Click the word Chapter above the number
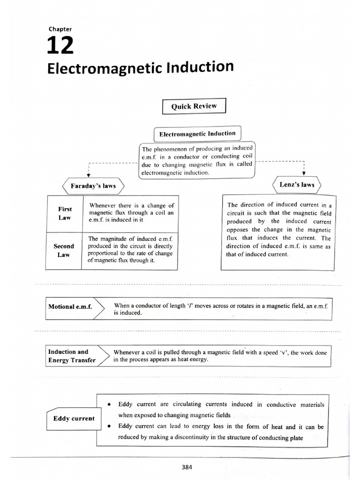pos(60,29)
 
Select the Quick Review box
pos(194,106)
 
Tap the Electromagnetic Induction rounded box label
pos(197,134)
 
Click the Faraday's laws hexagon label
pos(93,186)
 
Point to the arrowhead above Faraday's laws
pos(89,174)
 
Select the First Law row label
pos(65,213)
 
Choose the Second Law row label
pos(64,250)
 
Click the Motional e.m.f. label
pos(70,307)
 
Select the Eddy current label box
pos(74,419)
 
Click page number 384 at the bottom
pos(186,466)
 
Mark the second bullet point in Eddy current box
pos(108,427)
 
